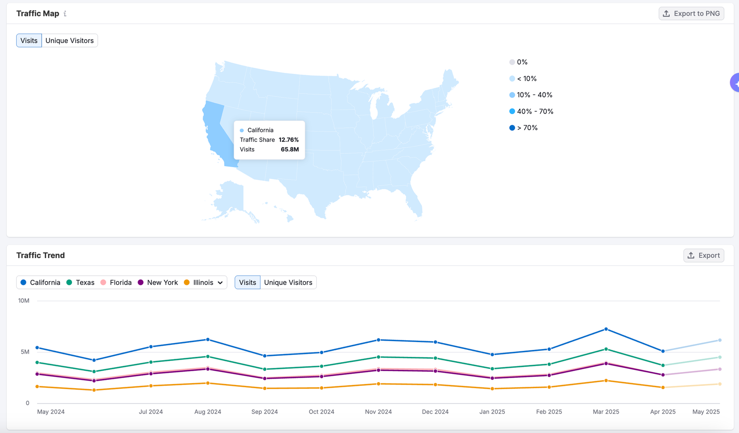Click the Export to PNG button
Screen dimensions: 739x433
tap(691, 13)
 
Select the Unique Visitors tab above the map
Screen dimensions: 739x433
tap(70, 41)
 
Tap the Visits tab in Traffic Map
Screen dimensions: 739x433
tap(29, 41)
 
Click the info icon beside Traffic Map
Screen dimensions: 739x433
tap(65, 13)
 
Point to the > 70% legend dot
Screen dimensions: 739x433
tap(512, 127)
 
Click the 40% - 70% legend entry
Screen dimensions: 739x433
tap(531, 111)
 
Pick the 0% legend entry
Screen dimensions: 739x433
tap(518, 62)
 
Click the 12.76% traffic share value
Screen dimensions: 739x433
tap(289, 139)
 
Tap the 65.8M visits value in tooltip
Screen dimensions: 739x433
tap(290, 150)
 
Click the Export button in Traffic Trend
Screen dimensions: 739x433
tap(704, 255)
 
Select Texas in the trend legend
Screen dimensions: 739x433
tap(80, 283)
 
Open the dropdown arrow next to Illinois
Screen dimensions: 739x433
tap(220, 283)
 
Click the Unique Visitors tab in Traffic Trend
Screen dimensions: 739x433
tap(288, 283)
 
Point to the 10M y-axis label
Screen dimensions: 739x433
tap(24, 301)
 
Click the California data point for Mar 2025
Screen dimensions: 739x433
tap(606, 329)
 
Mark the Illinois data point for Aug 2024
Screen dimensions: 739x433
tap(208, 383)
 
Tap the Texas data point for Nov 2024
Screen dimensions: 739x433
tap(378, 357)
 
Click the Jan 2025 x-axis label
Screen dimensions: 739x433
tap(492, 412)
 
